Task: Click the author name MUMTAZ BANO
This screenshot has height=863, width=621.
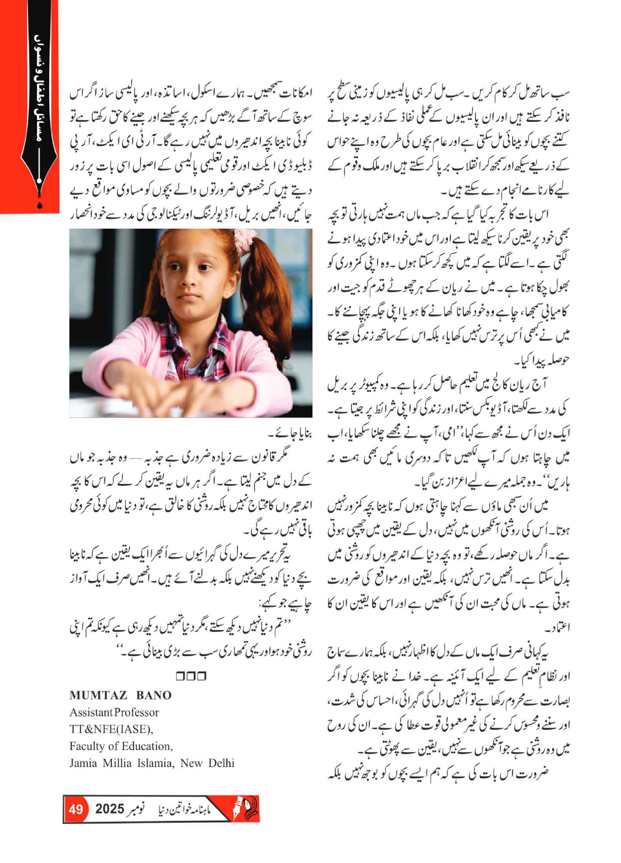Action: [x=120, y=695]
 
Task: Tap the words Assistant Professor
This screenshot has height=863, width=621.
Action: [x=114, y=712]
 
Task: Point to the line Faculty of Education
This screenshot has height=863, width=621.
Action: [x=121, y=746]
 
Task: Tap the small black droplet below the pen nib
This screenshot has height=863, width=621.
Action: [x=40, y=206]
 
